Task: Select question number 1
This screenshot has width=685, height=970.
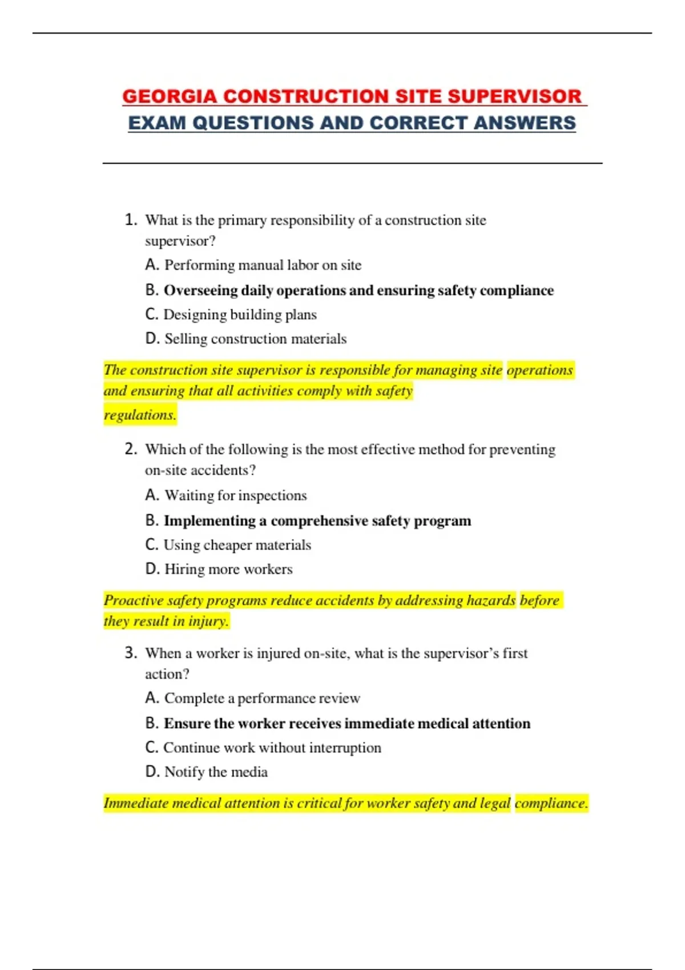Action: (131, 220)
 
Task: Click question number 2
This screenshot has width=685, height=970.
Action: (131, 449)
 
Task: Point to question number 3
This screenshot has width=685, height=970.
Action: (131, 653)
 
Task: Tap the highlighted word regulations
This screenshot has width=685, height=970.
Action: (140, 415)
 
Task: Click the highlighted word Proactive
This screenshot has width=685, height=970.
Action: (133, 600)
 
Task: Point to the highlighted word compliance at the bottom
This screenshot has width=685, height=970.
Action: (551, 803)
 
